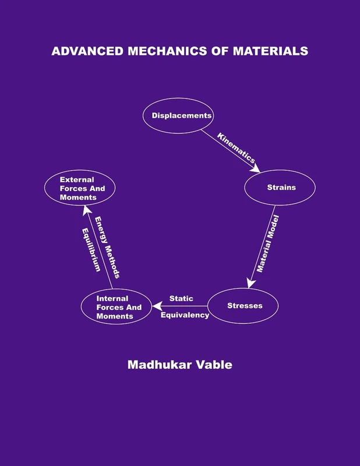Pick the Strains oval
pyautogui.click(x=280, y=188)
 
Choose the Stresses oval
pyautogui.click(x=243, y=305)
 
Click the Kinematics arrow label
pyautogui.click(x=236, y=147)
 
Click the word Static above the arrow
pyautogui.click(x=181, y=298)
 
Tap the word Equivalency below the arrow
pyautogui.click(x=185, y=315)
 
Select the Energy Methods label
pyautogui.click(x=108, y=246)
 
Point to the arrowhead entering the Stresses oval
pyautogui.click(x=250, y=283)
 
